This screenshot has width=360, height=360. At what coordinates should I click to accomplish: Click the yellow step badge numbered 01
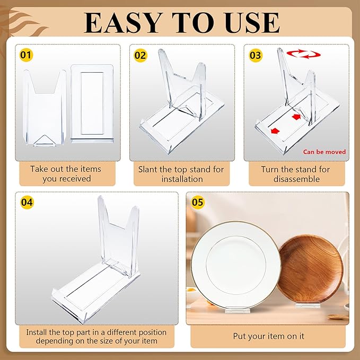click(25, 55)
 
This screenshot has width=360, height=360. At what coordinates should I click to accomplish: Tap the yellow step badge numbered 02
click(140, 55)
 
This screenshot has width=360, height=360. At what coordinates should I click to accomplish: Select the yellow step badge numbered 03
click(256, 55)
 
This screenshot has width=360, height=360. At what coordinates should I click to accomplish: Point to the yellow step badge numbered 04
click(27, 202)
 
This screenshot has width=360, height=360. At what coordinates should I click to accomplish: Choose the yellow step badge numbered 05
click(197, 202)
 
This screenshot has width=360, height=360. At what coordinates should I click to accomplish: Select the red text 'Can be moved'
click(324, 152)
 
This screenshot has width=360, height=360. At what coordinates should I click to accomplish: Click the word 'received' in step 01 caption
click(74, 179)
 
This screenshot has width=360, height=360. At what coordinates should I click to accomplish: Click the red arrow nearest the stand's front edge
click(275, 130)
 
